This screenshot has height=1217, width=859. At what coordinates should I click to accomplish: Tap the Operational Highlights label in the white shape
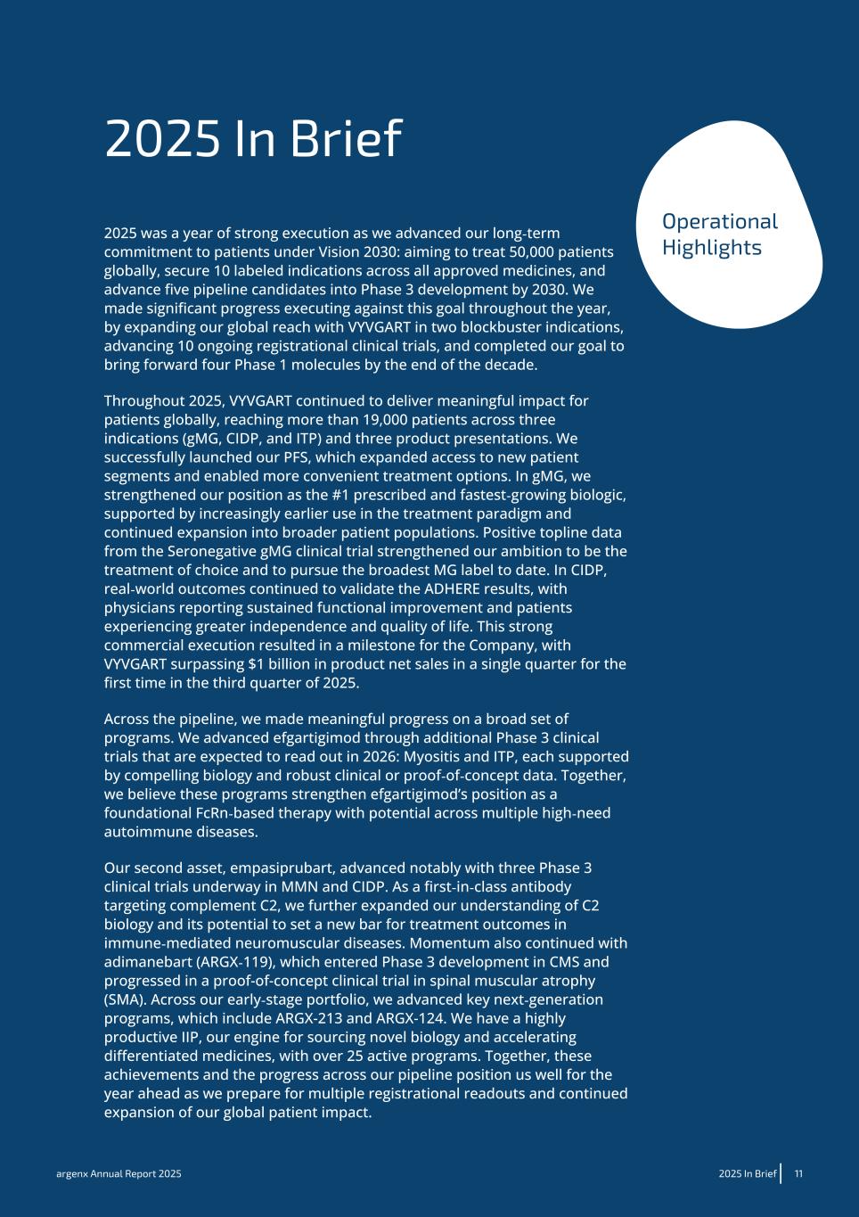pyautogui.click(x=720, y=234)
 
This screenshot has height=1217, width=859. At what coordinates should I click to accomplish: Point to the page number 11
pyautogui.click(x=798, y=1174)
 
